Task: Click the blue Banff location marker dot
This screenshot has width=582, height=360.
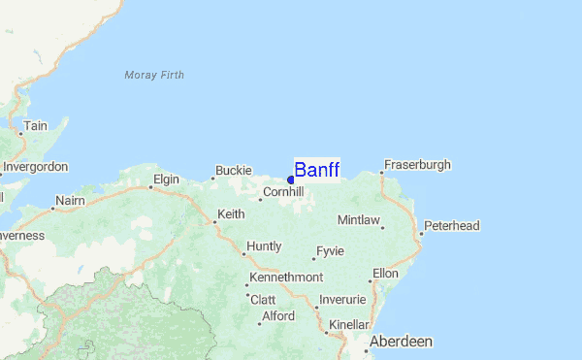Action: tap(291, 180)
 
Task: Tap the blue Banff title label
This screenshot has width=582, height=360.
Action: tap(317, 170)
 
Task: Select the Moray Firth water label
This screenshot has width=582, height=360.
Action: tap(154, 75)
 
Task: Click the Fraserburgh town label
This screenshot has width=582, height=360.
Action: tap(417, 165)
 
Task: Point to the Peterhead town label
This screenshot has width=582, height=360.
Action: tap(452, 226)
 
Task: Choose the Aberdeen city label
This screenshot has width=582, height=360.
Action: tap(400, 342)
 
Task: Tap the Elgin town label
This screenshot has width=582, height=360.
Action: tap(167, 180)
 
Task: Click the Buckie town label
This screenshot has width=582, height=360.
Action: tap(233, 171)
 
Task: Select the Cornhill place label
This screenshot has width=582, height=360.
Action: tap(283, 193)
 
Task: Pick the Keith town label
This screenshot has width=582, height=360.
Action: tap(231, 214)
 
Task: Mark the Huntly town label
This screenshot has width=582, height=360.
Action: tap(264, 246)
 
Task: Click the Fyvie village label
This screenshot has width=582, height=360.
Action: tap(330, 251)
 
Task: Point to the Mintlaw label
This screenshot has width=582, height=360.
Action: tap(359, 220)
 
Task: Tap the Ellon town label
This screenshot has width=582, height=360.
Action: tap(385, 274)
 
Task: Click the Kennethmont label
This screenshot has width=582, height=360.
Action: tap(286, 278)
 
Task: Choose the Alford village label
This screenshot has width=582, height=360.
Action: tap(278, 316)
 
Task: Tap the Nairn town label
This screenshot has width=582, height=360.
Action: tap(71, 200)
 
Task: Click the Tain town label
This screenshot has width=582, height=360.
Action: tap(36, 126)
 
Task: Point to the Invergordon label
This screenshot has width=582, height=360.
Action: tap(35, 167)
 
